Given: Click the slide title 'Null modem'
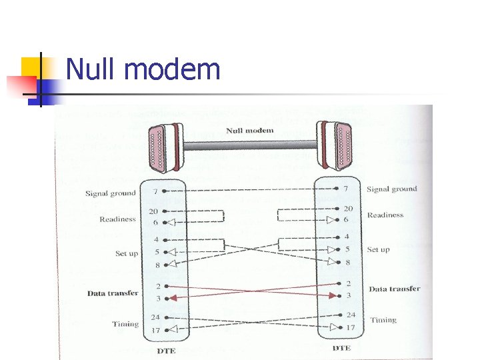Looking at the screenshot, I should pyautogui.click(x=143, y=69).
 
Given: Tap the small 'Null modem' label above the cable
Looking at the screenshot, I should pyautogui.click(x=249, y=131).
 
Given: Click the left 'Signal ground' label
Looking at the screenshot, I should pyautogui.click(x=110, y=193).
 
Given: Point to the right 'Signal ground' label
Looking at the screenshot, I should pyautogui.click(x=392, y=189).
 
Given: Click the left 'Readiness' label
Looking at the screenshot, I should pyautogui.click(x=117, y=219).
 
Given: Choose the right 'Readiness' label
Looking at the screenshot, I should pyautogui.click(x=385, y=215).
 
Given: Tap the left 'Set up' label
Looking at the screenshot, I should pyautogui.click(x=127, y=253).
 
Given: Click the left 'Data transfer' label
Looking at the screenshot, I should pyautogui.click(x=113, y=293).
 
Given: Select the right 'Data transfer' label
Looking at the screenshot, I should pyautogui.click(x=394, y=289).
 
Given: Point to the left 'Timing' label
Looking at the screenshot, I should pyautogui.click(x=125, y=324).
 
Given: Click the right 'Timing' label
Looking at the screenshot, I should pyautogui.click(x=383, y=320).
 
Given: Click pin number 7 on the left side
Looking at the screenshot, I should pyautogui.click(x=156, y=192).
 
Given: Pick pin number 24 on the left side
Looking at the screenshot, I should pyautogui.click(x=154, y=317).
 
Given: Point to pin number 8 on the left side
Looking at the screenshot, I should pyautogui.click(x=157, y=265).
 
